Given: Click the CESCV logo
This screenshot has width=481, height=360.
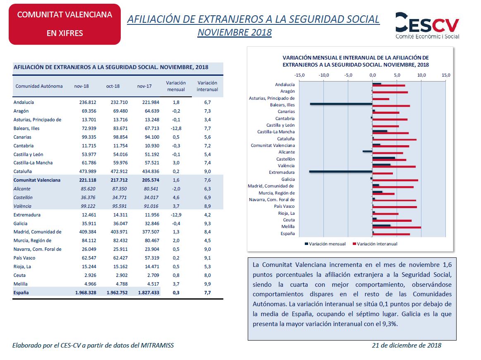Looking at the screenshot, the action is pos(427,26).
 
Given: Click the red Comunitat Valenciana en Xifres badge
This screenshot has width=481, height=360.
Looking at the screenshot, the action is pos(65,24).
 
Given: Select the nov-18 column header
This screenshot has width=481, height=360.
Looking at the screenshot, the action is pos(81,86).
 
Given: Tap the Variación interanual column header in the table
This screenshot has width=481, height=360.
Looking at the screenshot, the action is pos(207,86).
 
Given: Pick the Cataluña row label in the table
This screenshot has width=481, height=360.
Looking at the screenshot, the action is pos(22,171).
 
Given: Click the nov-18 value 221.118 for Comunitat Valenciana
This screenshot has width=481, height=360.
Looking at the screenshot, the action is pos(88,180).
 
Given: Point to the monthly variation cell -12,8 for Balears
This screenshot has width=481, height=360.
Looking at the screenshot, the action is pos(176,128).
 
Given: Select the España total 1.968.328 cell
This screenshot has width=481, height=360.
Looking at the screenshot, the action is pos(86,293).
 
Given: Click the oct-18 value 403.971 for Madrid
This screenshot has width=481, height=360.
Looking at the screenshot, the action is pos(119,232).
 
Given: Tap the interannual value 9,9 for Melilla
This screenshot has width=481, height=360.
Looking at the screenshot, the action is pos(207,284).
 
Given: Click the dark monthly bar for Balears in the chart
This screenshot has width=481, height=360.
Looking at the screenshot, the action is pos(341,104).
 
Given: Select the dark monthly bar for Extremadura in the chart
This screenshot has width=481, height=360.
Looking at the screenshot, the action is pos(341,172).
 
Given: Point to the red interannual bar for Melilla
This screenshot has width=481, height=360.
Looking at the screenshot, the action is pos(397,228).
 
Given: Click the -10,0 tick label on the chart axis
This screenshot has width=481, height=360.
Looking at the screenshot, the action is pos(324,75).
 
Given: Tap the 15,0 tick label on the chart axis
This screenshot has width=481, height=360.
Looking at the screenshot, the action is pos(446,75).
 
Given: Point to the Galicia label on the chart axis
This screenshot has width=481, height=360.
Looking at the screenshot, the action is pos(288,179).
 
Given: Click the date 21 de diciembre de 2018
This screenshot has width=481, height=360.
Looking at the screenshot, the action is pos(407,345).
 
